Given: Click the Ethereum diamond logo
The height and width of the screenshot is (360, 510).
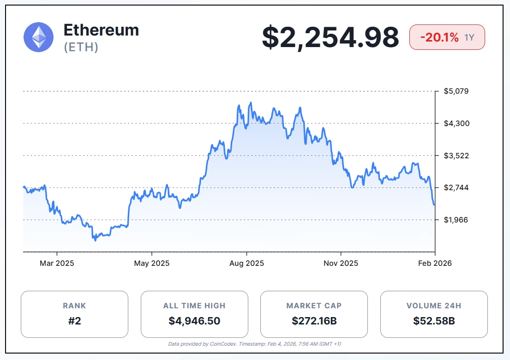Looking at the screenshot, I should (39, 37).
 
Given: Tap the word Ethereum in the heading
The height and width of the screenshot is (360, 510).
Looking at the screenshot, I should (101, 30).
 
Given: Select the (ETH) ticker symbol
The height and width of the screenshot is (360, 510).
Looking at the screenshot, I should (81, 47).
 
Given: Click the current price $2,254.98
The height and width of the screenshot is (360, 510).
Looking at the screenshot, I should (330, 37).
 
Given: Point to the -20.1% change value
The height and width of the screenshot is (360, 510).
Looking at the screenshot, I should (439, 37).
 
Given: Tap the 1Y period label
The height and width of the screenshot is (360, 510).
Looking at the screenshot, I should (469, 38).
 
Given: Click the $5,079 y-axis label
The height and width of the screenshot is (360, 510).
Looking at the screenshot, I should (456, 91).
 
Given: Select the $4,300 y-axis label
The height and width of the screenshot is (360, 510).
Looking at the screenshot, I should (456, 123).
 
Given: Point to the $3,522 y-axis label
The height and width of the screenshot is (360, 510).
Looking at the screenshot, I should (456, 156).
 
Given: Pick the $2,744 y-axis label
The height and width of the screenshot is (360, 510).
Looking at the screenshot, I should (456, 187).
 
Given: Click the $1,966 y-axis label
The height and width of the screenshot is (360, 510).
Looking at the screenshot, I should (456, 220).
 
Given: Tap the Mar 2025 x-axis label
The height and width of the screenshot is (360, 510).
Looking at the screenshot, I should (57, 264).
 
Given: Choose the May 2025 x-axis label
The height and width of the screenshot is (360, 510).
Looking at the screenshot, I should (152, 264).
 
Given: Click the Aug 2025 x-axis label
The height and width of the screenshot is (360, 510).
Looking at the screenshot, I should (246, 264).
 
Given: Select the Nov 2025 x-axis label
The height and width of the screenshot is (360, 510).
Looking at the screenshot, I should (341, 264).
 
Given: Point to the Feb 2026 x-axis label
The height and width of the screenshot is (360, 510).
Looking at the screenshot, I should (435, 264).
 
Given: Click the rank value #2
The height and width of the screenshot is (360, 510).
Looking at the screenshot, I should (74, 320).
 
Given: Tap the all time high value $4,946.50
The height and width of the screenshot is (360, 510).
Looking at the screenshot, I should (194, 320).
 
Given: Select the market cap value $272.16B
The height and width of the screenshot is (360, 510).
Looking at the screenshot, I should (314, 320).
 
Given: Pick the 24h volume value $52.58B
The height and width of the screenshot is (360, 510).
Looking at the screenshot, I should (434, 320).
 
